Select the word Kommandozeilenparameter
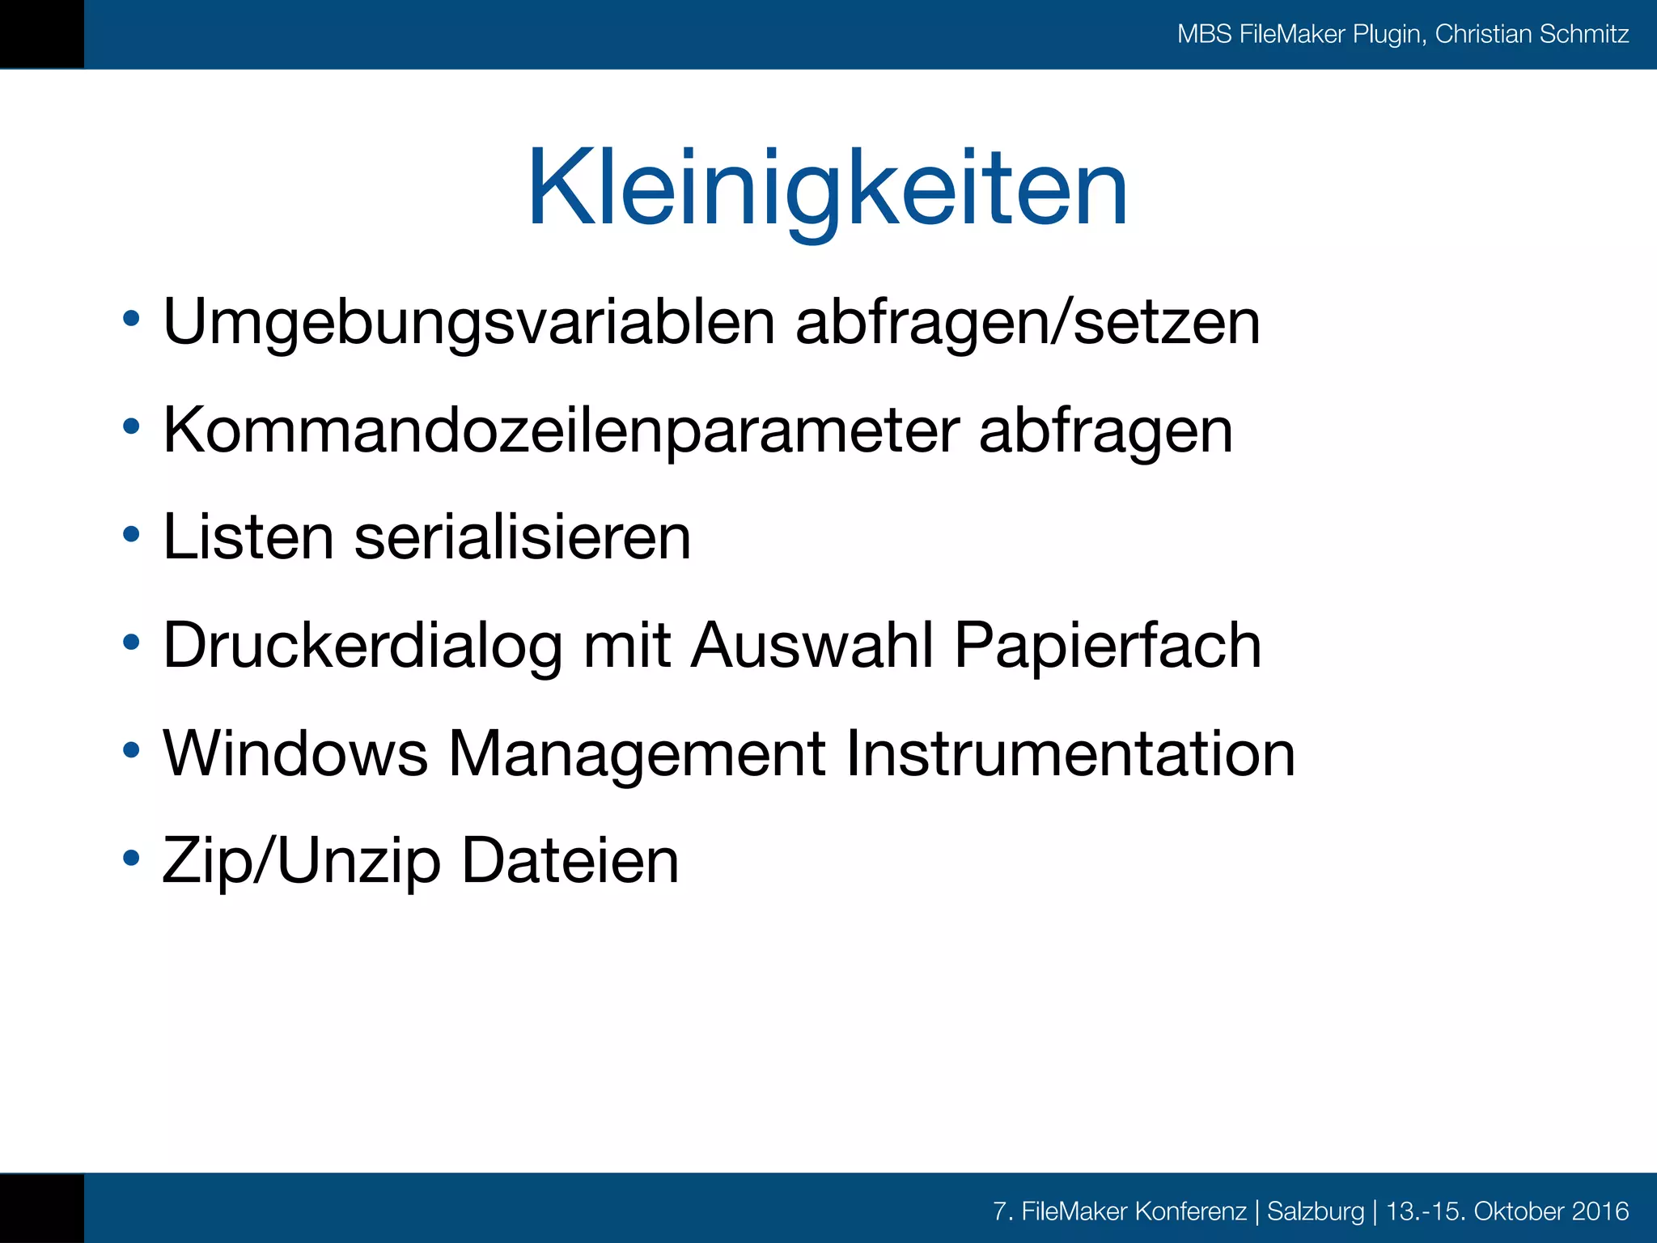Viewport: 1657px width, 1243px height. (562, 431)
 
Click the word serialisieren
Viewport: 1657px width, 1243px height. (523, 537)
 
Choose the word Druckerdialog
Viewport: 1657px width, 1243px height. (362, 646)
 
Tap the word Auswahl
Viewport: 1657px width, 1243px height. (812, 646)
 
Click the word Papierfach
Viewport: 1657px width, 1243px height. (1108, 646)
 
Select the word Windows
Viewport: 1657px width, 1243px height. (295, 754)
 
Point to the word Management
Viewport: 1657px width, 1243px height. (637, 754)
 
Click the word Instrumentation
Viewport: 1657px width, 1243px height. (1070, 754)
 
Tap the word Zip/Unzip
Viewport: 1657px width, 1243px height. (302, 861)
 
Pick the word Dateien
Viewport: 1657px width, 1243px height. (570, 861)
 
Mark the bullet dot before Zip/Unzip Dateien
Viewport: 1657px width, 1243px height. (131, 858)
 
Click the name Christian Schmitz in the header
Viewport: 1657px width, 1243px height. (1532, 34)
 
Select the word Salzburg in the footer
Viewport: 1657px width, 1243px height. (1316, 1211)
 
